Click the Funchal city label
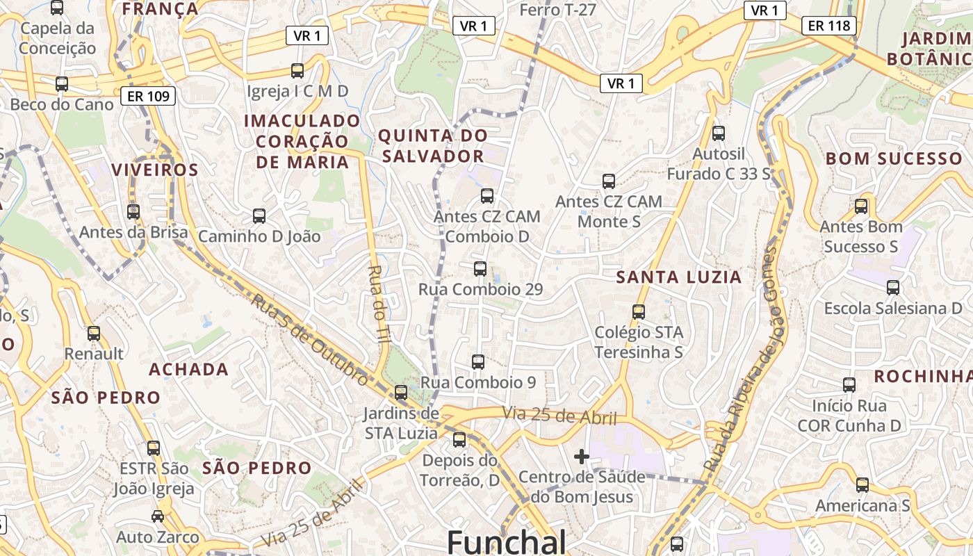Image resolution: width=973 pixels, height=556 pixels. click(507, 541)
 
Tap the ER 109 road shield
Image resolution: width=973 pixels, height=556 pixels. click(148, 96)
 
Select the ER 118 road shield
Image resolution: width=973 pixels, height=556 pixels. click(829, 26)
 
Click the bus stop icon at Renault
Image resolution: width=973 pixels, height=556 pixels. click(94, 334)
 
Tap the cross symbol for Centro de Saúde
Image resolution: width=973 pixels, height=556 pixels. click(582, 457)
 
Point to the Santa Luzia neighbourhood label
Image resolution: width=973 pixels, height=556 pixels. click(679, 277)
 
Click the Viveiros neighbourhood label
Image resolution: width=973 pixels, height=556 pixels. click(155, 170)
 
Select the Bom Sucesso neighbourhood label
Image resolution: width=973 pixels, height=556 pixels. click(894, 158)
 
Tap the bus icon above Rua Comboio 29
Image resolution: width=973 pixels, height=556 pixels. click(480, 269)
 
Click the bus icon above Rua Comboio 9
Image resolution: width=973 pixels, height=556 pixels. click(478, 362)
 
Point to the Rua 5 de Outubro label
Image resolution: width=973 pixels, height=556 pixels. click(309, 340)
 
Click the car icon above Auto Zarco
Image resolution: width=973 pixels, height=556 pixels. click(158, 516)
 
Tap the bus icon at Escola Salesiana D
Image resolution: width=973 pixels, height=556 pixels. click(893, 287)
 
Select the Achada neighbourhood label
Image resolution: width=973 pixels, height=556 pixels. click(188, 369)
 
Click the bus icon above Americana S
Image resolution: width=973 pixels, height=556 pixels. click(862, 485)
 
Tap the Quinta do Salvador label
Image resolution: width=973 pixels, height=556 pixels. click(433, 145)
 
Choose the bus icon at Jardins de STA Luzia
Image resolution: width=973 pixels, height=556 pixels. click(401, 392)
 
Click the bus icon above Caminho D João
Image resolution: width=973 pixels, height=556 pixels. click(259, 216)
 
